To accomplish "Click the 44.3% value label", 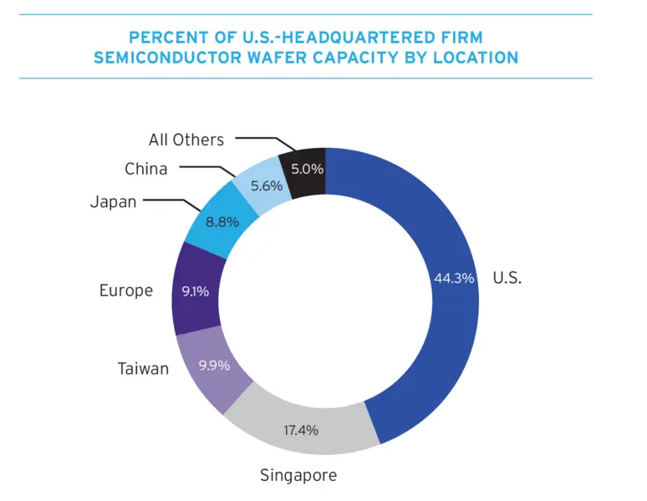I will pyautogui.click(x=454, y=278).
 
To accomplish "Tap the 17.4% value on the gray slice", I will pyautogui.click(x=301, y=431).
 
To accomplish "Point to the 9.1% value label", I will pyautogui.click(x=195, y=292).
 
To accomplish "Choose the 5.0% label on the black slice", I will pyautogui.click(x=307, y=169).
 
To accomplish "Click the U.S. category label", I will pyautogui.click(x=507, y=278).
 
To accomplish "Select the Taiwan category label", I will pyautogui.click(x=145, y=368).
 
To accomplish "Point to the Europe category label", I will pyautogui.click(x=126, y=291).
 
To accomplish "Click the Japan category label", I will pyautogui.click(x=112, y=201).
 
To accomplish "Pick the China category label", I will pyautogui.click(x=146, y=169).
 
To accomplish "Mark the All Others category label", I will pyautogui.click(x=187, y=139).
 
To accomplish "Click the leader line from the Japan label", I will pyautogui.click(x=171, y=201).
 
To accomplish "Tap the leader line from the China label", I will pyautogui.click(x=205, y=168).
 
